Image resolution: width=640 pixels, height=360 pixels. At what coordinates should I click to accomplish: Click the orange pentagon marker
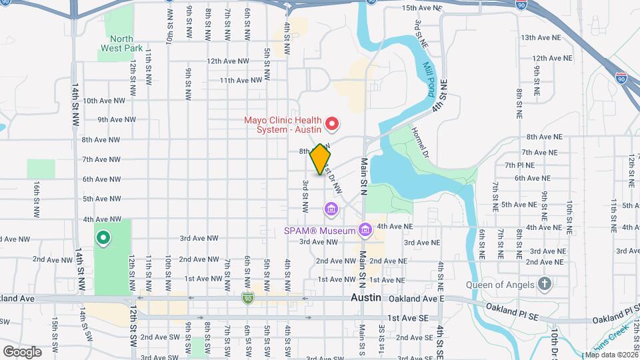320,159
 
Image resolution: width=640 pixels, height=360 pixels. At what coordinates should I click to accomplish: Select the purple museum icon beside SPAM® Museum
364,231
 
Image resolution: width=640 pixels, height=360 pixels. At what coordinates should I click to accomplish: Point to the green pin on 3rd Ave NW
103,237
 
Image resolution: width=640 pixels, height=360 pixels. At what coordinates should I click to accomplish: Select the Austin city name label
365,298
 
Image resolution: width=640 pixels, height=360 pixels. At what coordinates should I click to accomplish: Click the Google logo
22,351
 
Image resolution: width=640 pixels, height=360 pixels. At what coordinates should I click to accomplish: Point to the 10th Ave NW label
104,101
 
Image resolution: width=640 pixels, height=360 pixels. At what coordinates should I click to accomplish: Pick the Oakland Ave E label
419,298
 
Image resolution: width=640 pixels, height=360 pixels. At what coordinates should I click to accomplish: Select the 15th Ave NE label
421,8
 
